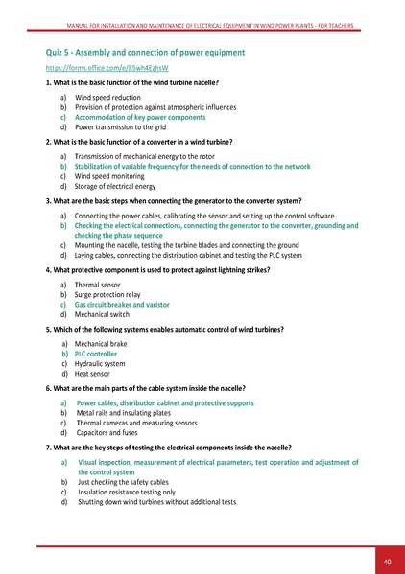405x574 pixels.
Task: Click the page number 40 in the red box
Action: [387, 561]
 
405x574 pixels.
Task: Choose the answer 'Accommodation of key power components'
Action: [140, 117]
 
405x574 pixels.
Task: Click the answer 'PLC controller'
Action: [103, 353]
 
